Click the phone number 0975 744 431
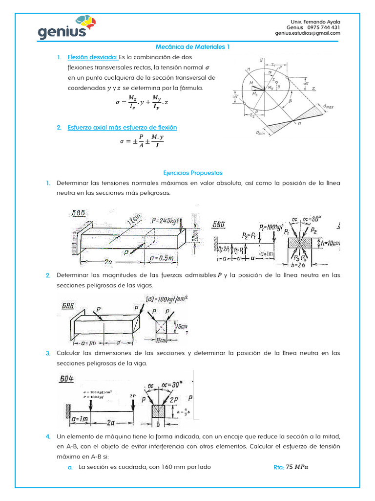click(323, 28)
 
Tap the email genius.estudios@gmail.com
click(308, 34)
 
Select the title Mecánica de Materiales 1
click(192, 47)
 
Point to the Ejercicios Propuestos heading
click(192, 173)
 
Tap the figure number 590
click(219, 224)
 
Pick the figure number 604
click(70, 378)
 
